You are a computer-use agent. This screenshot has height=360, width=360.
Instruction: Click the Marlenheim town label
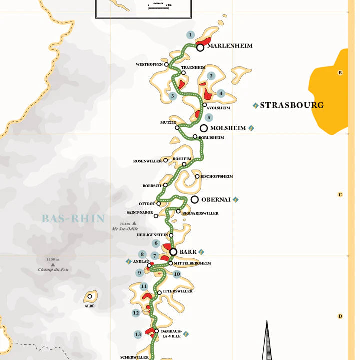coord(230,46)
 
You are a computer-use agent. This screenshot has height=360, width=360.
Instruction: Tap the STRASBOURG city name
coord(292,105)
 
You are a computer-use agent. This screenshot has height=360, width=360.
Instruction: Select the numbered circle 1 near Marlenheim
coord(190,35)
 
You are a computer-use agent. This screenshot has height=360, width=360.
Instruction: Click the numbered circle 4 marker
coord(221,93)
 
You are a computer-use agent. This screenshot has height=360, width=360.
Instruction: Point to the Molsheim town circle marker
coord(204,128)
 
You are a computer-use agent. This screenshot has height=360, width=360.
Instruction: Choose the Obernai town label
coord(216,199)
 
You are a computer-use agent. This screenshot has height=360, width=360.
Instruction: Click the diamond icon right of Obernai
coord(236,199)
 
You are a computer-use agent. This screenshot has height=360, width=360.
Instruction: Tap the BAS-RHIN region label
coord(73,219)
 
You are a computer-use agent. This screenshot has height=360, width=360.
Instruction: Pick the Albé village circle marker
coord(90,296)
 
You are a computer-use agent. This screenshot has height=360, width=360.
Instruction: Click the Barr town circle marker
coord(173,252)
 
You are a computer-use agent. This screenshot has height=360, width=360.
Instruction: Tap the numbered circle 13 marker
coord(138,334)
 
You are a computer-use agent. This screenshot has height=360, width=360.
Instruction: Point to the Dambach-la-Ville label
coord(171,334)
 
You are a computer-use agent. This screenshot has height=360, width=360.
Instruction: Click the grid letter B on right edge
coord(340,73)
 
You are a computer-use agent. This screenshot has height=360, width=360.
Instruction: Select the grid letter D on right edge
coord(340,316)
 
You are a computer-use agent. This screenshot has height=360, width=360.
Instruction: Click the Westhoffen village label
coord(149,65)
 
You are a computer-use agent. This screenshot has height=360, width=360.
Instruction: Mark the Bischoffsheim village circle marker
coord(197,176)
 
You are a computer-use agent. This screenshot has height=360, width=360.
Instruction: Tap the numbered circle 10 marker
coord(177,274)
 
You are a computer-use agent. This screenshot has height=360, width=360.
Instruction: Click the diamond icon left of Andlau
coord(128,261)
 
